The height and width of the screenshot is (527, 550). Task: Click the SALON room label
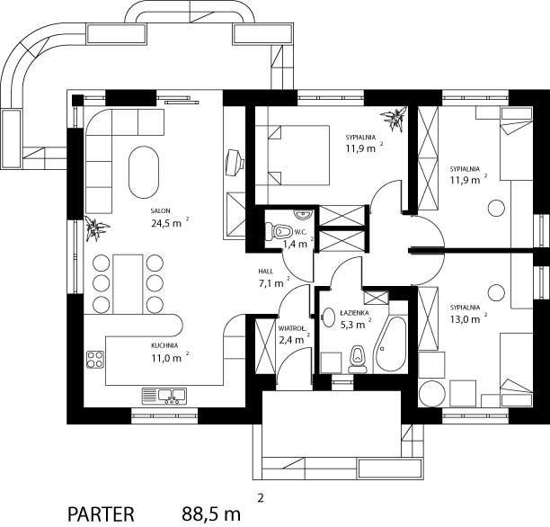[x=160, y=211]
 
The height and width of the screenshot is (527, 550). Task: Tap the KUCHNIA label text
[x=164, y=345]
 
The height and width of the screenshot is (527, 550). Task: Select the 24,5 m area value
[x=166, y=223]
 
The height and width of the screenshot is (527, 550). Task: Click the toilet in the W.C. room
[x=279, y=231]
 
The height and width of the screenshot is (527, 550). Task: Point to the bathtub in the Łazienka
[x=391, y=344]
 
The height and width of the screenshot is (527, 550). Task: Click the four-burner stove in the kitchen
[x=95, y=359]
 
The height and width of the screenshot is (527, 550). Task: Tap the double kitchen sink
[x=164, y=396]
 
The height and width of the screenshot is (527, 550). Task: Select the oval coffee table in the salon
[x=144, y=172]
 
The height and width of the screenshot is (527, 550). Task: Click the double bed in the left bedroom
[x=292, y=155]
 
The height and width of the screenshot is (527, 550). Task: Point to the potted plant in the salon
[x=96, y=228]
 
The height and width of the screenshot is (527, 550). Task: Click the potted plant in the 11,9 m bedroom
[x=395, y=119]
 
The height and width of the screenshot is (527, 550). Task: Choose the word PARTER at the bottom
[x=101, y=514]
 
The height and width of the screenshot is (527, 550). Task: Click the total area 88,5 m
[x=211, y=514]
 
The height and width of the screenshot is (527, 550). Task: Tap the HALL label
[x=265, y=272]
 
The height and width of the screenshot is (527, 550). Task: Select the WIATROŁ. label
[x=293, y=329]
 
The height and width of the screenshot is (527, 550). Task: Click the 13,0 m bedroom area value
[x=465, y=319]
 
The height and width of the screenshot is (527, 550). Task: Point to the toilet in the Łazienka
[x=358, y=359]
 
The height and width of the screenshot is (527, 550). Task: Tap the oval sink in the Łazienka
[x=329, y=317]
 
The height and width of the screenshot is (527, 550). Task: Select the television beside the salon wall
[x=235, y=162]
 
